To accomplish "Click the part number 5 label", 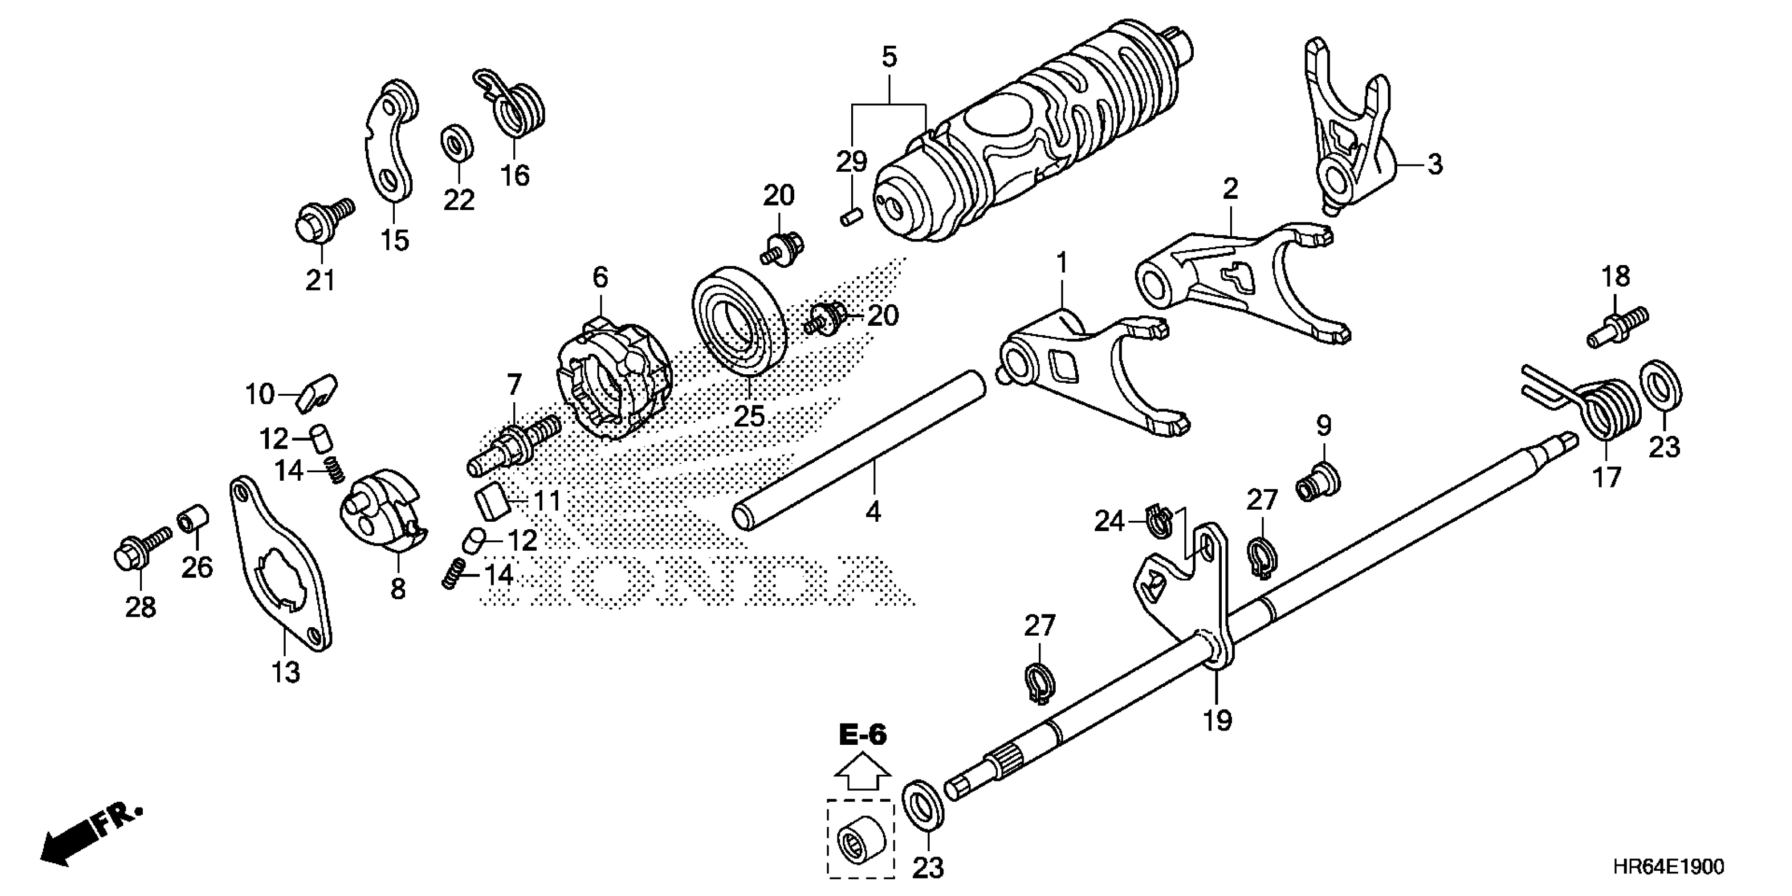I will (889, 57).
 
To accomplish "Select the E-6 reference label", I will (863, 735).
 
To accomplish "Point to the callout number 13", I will (286, 672).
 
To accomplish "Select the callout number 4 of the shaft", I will (874, 512).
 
